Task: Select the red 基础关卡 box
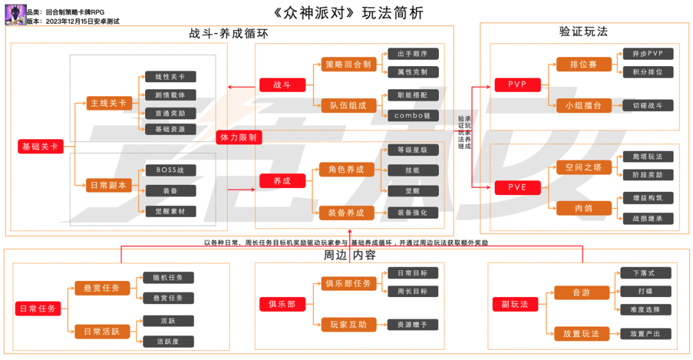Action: (x=40, y=147)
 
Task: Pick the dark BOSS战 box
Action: (x=170, y=170)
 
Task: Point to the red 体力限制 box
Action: (x=238, y=137)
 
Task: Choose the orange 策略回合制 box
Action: (x=348, y=64)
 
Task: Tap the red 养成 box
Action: (x=282, y=181)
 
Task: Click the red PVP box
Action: (x=517, y=85)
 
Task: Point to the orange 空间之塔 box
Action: (x=583, y=167)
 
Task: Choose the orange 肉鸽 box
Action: (x=583, y=208)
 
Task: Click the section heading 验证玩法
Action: (x=583, y=31)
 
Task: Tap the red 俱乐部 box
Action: (x=282, y=304)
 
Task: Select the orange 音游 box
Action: (x=581, y=293)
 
